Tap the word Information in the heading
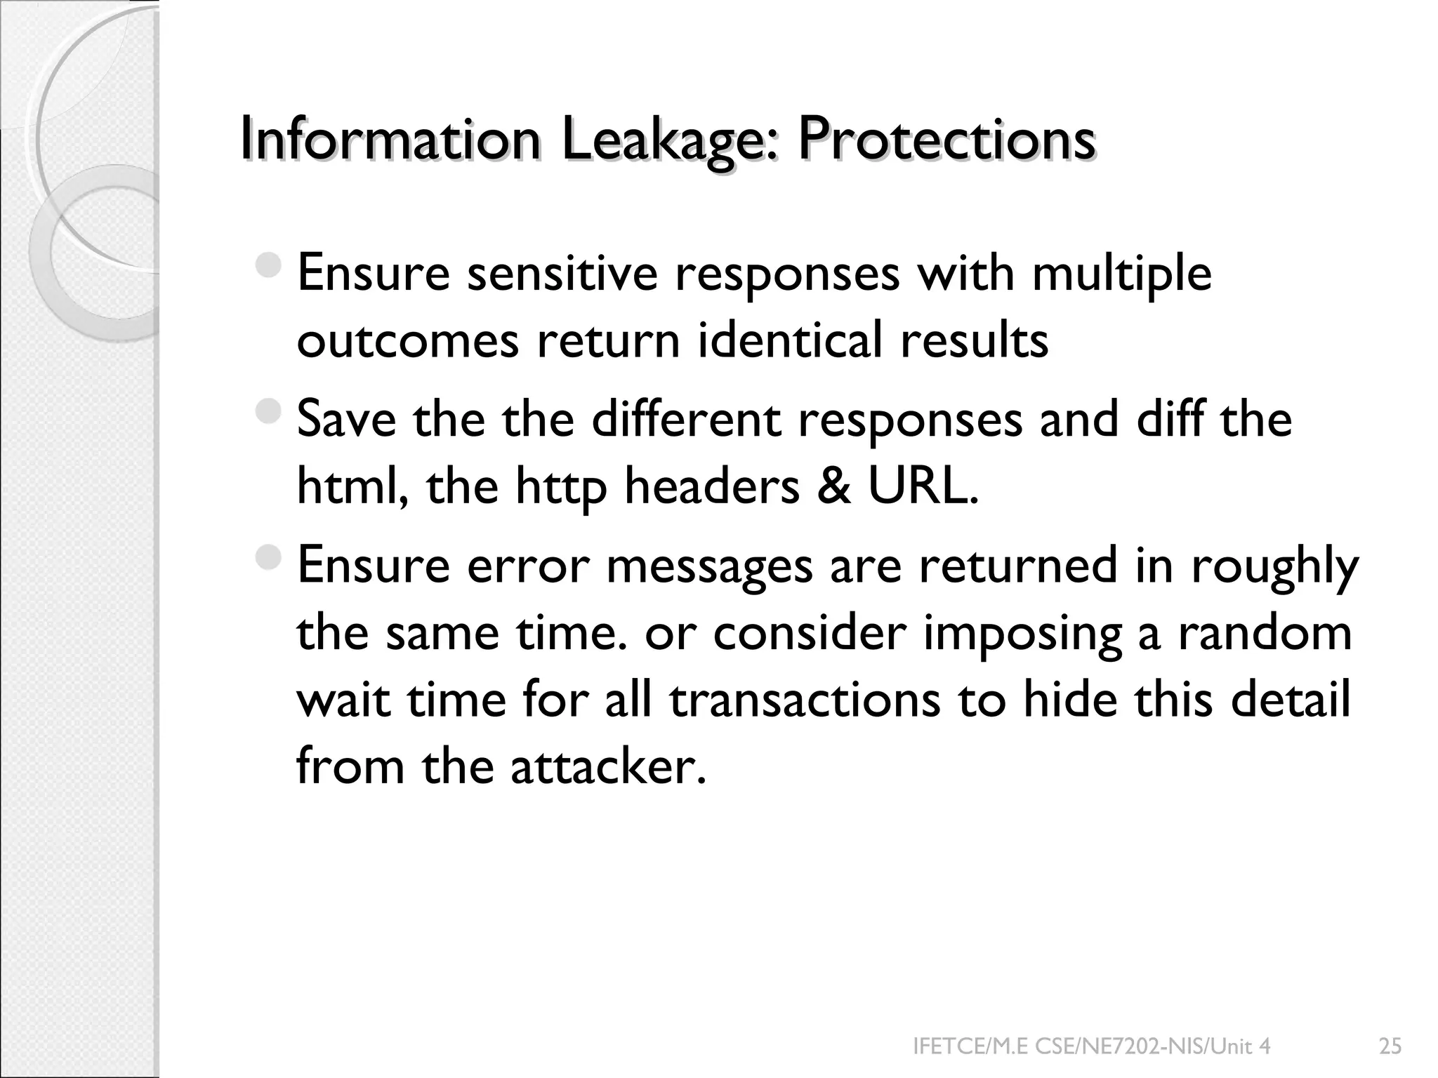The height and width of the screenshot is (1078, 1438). coord(390,139)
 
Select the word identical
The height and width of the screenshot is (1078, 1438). coord(790,340)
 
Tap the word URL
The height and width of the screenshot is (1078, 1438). coord(923,486)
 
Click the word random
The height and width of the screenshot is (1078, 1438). coord(1264,632)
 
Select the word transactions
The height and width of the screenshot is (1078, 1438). coord(804,700)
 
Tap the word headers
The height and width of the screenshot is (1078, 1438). coord(711,486)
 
